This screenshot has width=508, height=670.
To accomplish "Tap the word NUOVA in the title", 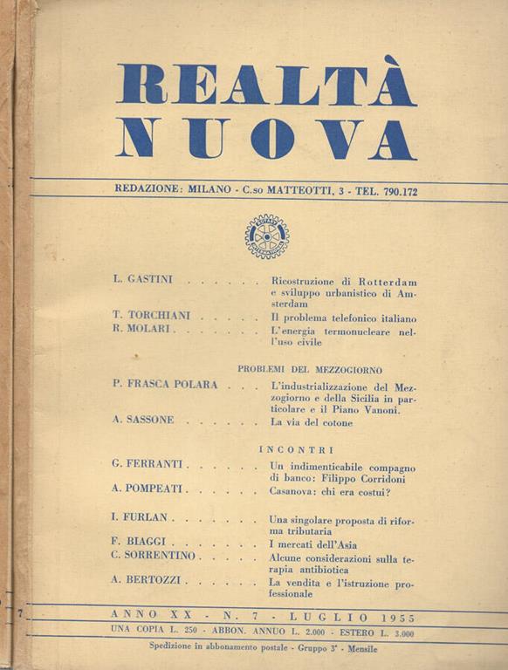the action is click(265, 138).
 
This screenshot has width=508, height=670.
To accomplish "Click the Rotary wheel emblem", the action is click(266, 236).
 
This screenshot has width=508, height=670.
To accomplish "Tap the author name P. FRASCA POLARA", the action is click(165, 385).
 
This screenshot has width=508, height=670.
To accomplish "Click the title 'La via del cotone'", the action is click(312, 423).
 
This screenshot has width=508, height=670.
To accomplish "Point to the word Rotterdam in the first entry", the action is click(383, 281).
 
